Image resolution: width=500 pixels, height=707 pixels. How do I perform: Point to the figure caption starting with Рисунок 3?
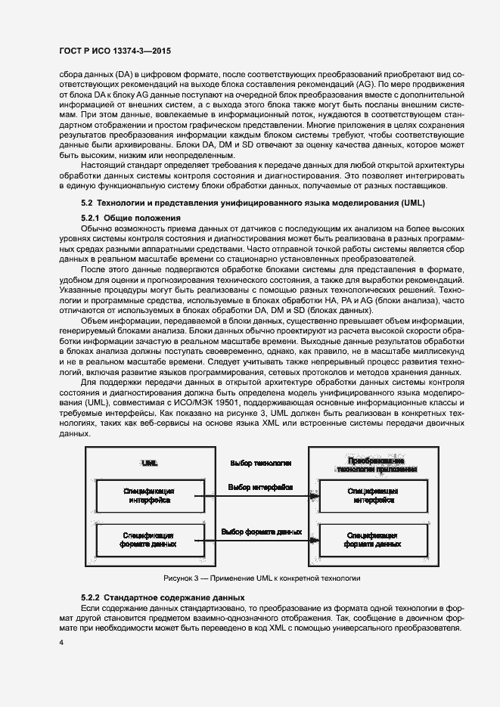point(262,578)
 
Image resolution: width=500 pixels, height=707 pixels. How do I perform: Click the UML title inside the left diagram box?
point(149,462)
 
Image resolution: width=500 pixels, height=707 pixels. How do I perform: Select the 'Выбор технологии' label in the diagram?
point(250,462)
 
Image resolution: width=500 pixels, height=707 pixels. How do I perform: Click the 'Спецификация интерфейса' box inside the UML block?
point(149,496)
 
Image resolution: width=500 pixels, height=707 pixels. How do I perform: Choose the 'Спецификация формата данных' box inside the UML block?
point(149,540)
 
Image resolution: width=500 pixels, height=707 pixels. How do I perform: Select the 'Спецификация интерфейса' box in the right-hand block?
point(373,496)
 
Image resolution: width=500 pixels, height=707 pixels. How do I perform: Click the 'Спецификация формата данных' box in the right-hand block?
point(373,540)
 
